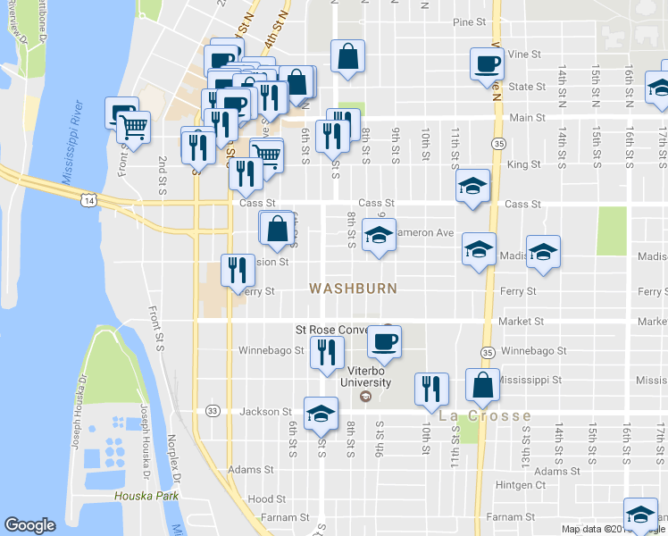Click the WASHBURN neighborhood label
tap(352, 289)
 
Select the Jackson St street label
tap(265, 412)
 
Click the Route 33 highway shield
tap(212, 411)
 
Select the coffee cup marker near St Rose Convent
tap(385, 341)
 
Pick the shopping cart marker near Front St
tap(133, 129)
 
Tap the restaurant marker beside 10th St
tap(431, 389)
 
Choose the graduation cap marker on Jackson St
tap(321, 413)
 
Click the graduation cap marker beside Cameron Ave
tap(379, 236)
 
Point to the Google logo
tap(29, 525)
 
